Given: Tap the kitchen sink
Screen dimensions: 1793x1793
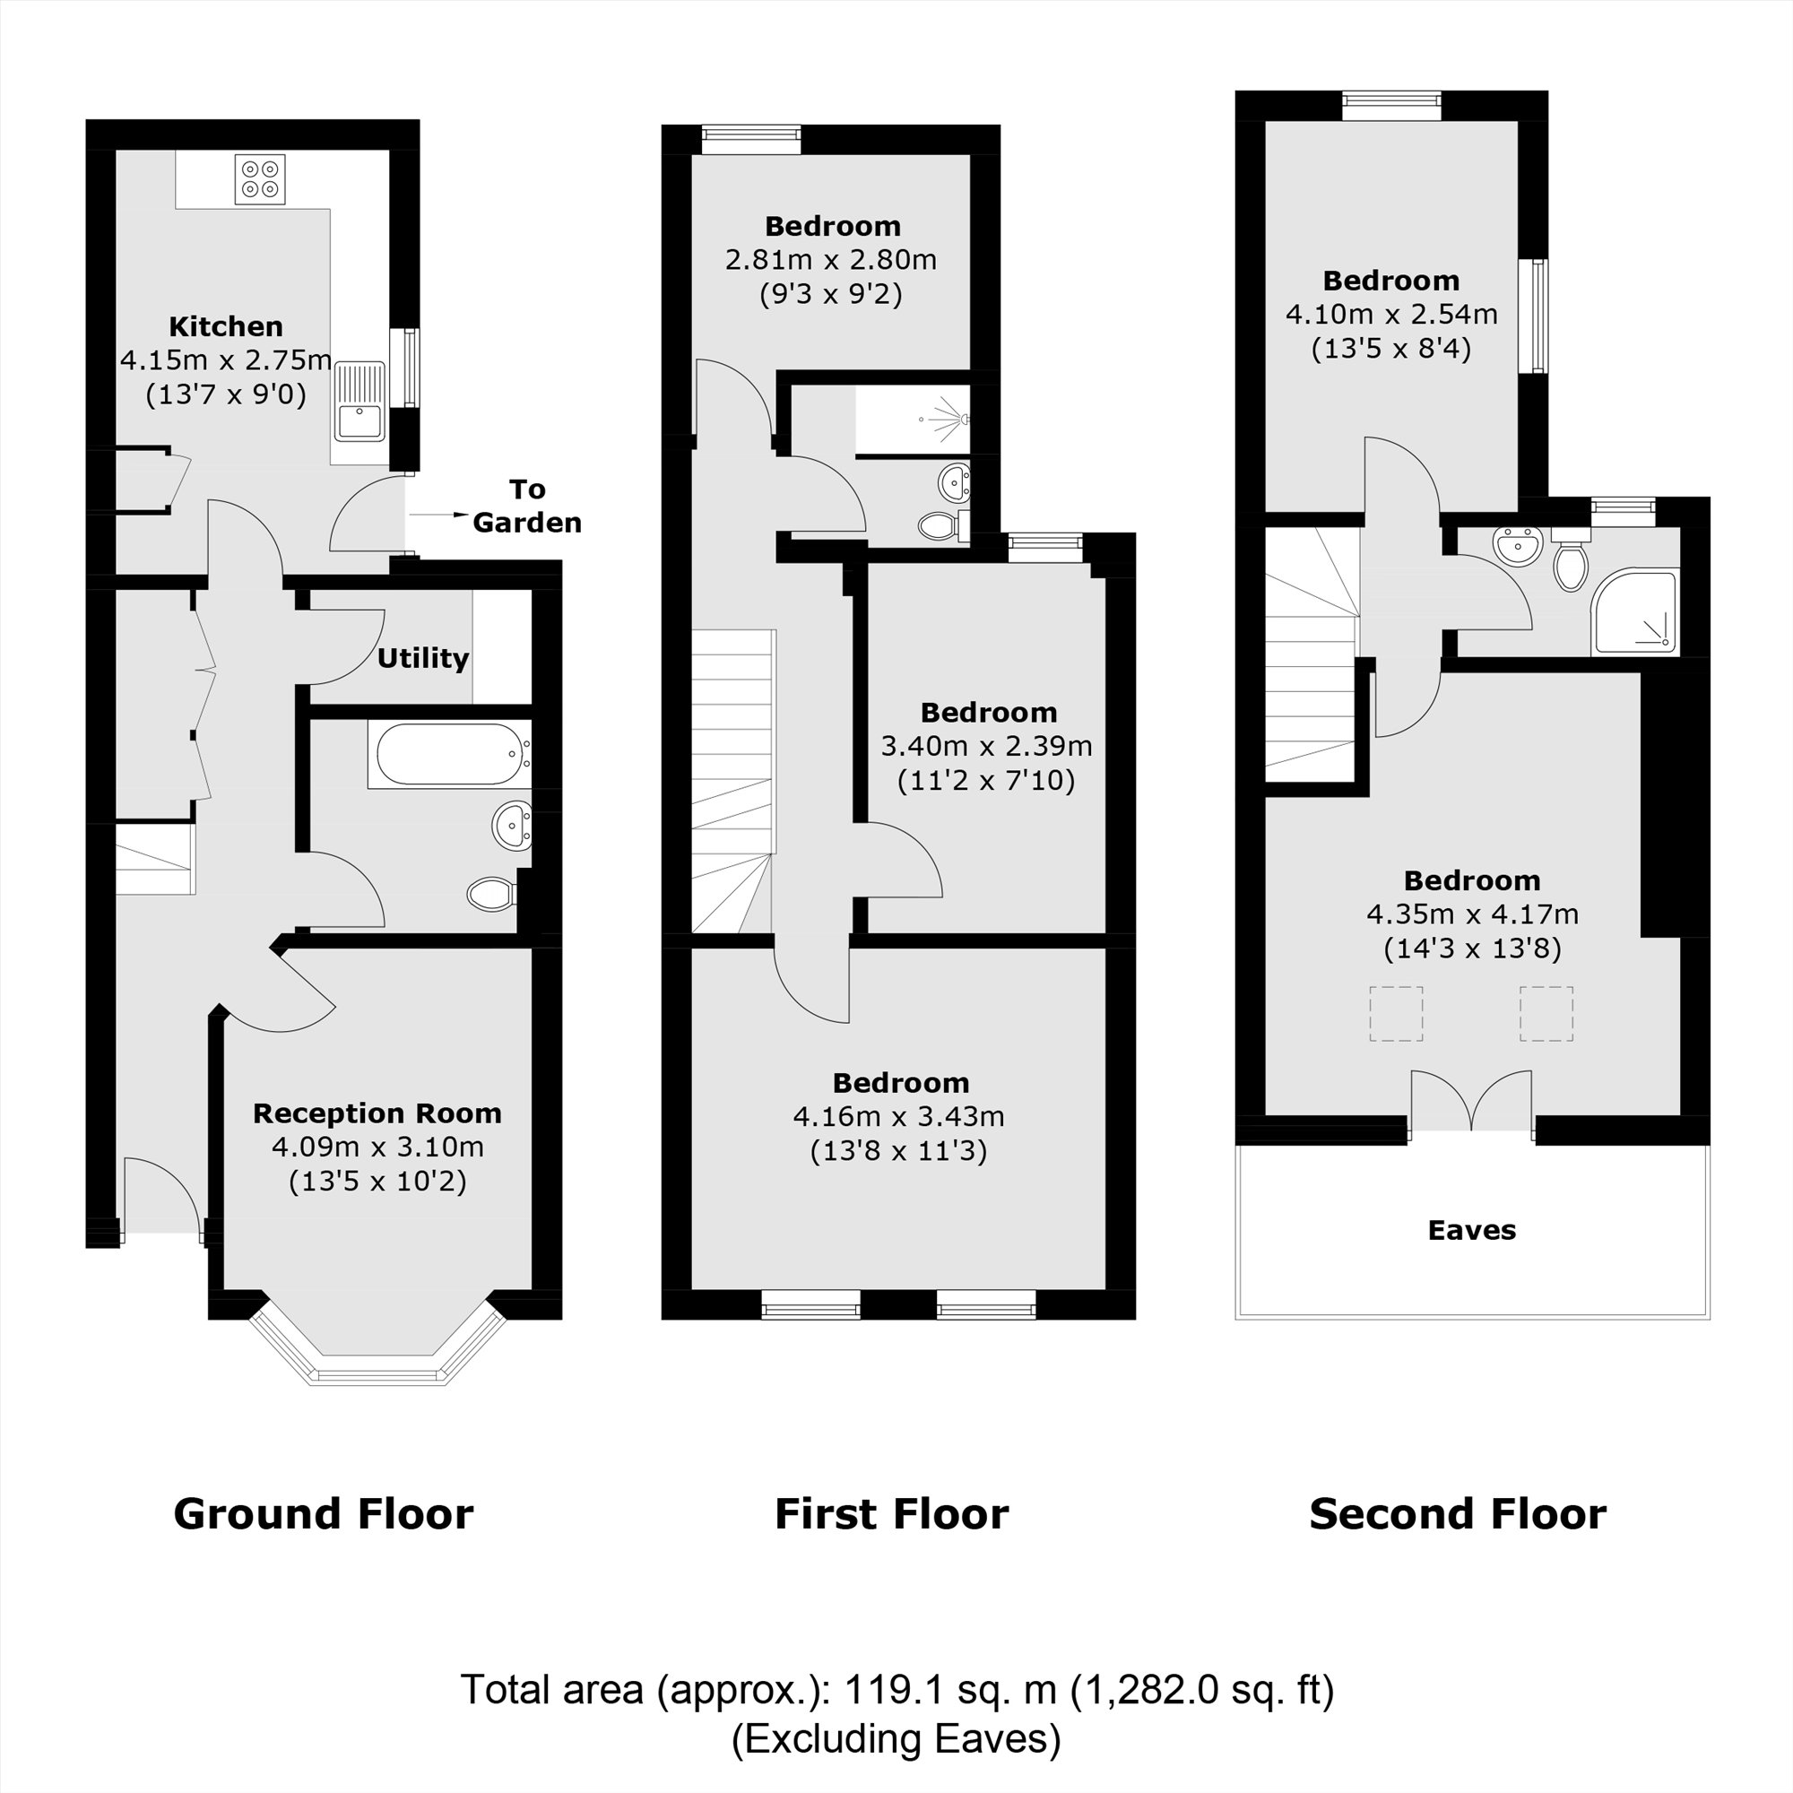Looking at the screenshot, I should tap(360, 420).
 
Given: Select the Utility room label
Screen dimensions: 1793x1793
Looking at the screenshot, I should tap(422, 658).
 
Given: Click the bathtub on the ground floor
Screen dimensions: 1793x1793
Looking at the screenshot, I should tap(448, 755).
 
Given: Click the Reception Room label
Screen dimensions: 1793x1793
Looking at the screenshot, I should tap(377, 1113).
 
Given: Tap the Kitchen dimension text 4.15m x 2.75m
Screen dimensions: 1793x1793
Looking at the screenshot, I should tap(226, 360).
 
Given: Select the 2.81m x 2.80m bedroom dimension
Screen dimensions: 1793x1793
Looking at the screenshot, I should tap(831, 260).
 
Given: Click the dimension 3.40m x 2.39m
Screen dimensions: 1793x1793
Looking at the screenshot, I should tap(985, 746).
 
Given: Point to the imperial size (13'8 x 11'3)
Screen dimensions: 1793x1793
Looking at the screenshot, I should tap(898, 1152).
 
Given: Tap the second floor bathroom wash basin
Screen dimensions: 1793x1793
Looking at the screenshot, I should tap(1518, 545).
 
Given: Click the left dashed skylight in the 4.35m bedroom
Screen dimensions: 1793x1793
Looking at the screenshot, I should tap(1396, 1013).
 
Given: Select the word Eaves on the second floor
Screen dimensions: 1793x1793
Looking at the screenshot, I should tap(1471, 1231).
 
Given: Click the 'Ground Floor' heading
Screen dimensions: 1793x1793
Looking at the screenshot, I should tap(323, 1514).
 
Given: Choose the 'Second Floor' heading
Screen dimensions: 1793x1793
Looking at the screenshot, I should tap(1457, 1514).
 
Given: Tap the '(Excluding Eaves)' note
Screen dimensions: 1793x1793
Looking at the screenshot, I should tap(896, 1739).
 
